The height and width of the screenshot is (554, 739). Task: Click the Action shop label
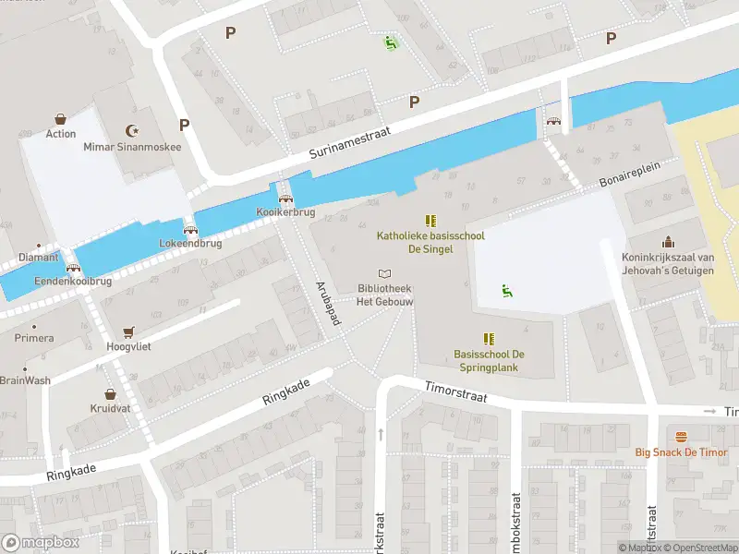click(x=61, y=134)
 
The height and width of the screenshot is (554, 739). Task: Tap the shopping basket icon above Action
click(x=61, y=119)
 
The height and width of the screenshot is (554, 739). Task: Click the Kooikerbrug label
click(x=285, y=212)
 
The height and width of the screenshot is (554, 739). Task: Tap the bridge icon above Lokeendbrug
click(x=190, y=231)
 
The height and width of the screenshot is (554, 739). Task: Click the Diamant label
click(x=37, y=258)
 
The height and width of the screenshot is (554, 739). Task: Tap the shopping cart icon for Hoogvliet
click(x=128, y=331)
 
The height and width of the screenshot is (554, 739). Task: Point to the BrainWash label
click(x=25, y=380)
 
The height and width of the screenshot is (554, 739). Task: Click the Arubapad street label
click(x=329, y=304)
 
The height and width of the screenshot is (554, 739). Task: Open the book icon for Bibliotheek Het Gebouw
click(x=384, y=273)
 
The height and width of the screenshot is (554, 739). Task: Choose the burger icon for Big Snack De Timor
click(x=682, y=437)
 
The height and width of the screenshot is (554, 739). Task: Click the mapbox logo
click(x=42, y=543)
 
